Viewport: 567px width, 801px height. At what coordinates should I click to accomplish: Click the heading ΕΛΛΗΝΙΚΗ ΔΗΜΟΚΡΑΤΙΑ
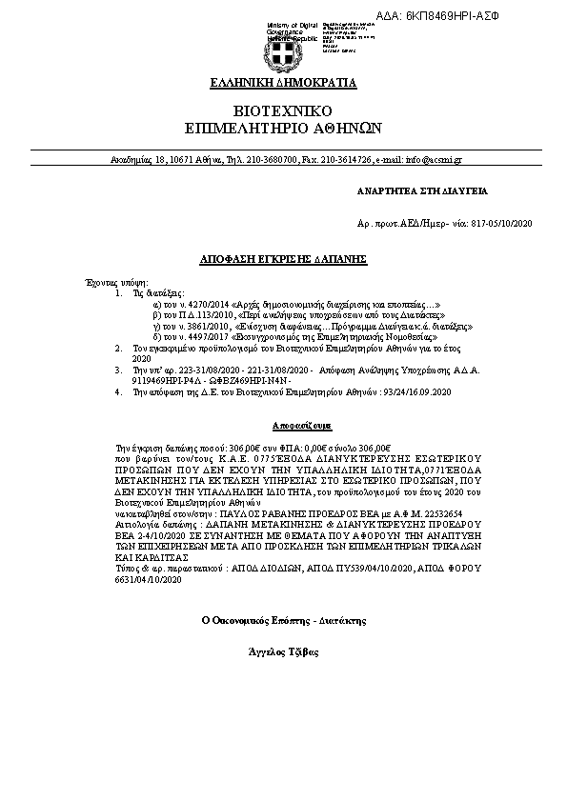coord(283,83)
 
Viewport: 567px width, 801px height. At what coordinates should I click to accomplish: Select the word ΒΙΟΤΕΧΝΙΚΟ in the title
coord(283,110)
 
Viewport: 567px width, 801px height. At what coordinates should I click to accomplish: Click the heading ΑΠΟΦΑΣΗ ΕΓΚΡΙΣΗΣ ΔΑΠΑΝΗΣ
coord(283,259)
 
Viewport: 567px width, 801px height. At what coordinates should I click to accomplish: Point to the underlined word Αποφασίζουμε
coord(283,421)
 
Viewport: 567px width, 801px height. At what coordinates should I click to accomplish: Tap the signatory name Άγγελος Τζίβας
coord(283,651)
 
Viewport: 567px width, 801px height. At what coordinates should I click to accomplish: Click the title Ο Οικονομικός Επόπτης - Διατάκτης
coord(283,619)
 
